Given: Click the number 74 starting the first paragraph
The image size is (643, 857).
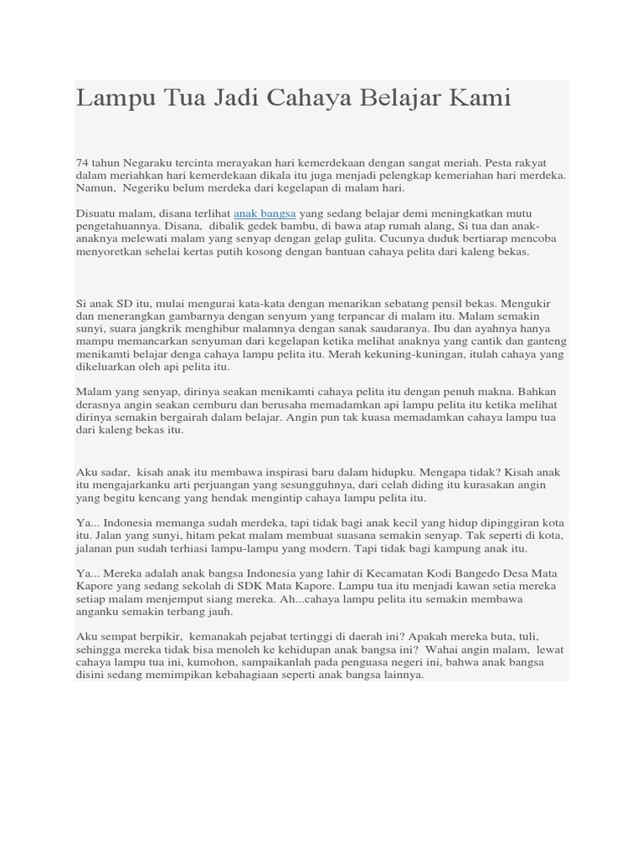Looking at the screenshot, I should pos(82,162).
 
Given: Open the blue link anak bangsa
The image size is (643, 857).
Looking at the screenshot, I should pos(265,213).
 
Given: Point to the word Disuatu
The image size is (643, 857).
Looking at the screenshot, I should pos(96,213).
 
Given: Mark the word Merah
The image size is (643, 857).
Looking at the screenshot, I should pos(346,354).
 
